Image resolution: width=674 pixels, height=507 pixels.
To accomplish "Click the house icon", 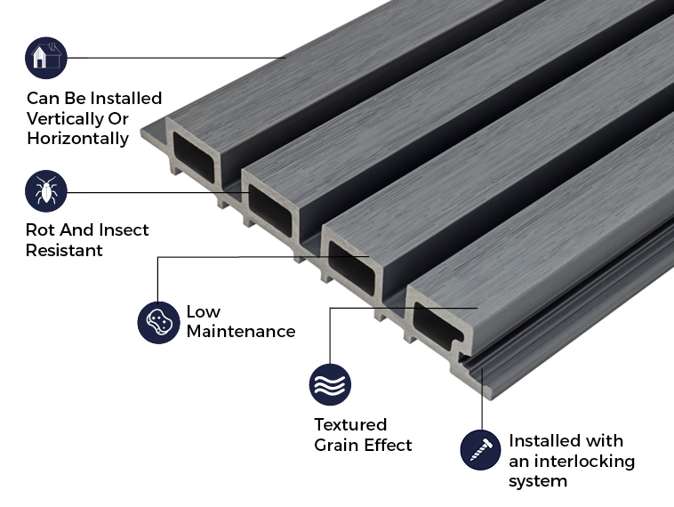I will click(x=46, y=58).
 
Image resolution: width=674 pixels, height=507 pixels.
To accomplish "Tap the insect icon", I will click(x=46, y=192).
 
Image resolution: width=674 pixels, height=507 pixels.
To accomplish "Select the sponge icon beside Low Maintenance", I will click(x=158, y=322).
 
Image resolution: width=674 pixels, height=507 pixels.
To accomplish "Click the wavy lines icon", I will click(x=330, y=385).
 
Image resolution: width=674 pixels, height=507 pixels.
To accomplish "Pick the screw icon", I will click(x=481, y=450).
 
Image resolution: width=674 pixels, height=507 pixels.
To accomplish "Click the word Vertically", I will click(x=65, y=118).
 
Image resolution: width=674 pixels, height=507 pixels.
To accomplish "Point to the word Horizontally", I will click(x=77, y=139).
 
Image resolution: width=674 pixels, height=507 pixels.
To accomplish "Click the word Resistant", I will click(x=64, y=251).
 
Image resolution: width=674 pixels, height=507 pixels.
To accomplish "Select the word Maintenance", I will click(x=240, y=332).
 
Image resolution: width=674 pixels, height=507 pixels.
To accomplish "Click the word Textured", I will click(x=350, y=425).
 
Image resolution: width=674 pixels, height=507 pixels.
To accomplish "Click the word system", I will click(x=537, y=482).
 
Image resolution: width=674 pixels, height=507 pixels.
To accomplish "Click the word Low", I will click(x=203, y=312).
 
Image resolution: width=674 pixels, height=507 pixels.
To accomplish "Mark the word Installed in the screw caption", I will click(x=542, y=441).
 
